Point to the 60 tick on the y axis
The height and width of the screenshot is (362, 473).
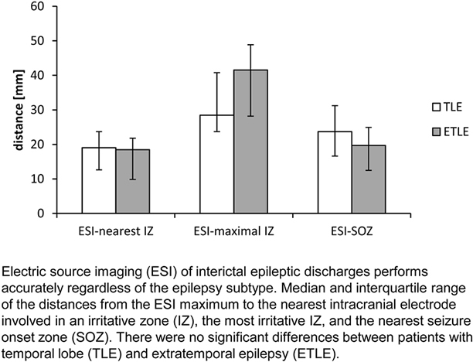pos(46,5)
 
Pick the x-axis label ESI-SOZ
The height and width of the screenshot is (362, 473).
pos(328,231)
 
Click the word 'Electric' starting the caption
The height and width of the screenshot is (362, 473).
pos(22,273)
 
